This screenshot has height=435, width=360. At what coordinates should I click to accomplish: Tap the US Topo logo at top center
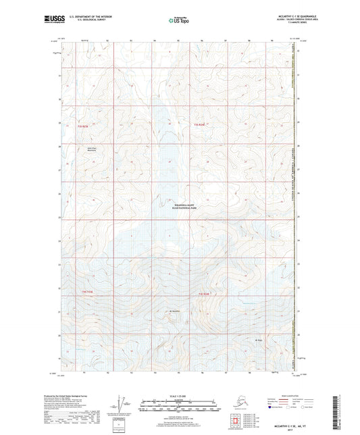[178, 21]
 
